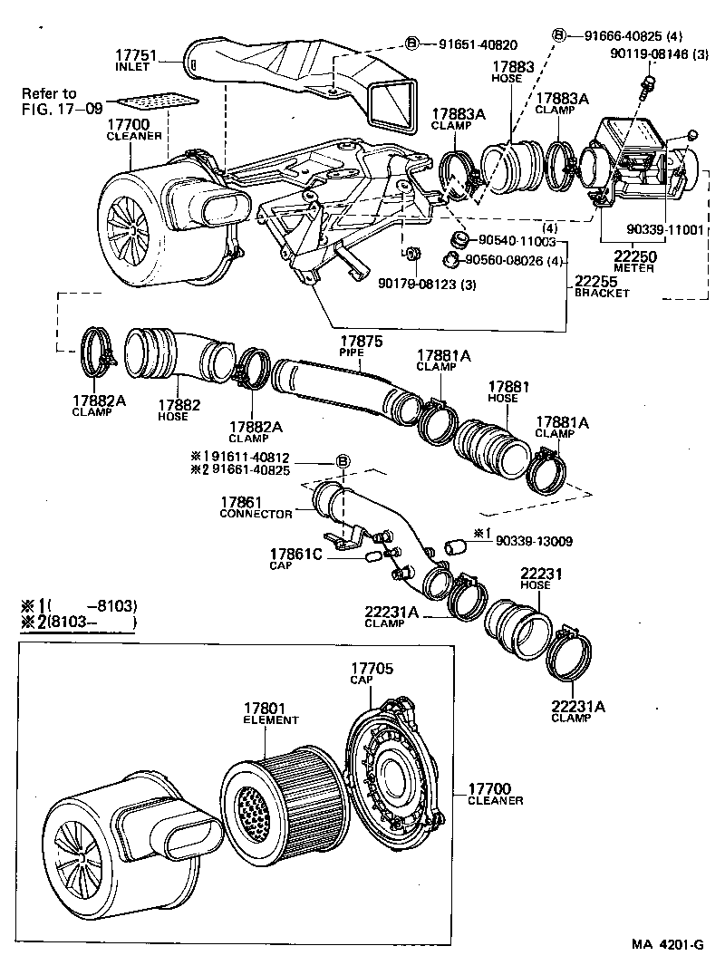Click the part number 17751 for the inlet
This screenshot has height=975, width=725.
pyautogui.click(x=136, y=54)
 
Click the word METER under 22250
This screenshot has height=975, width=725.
pyautogui.click(x=633, y=269)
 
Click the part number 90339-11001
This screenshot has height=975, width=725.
pyautogui.click(x=664, y=230)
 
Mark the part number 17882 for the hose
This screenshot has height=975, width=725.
pyautogui.click(x=172, y=405)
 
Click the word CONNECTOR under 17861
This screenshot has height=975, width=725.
pyautogui.click(x=256, y=514)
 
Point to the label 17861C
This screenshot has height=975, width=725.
pyautogui.click(x=292, y=552)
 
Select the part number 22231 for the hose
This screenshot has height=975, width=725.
pyautogui.click(x=540, y=573)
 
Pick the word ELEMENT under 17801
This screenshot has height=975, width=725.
pyautogui.click(x=270, y=720)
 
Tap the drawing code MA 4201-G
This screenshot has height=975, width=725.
pyautogui.click(x=668, y=944)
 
